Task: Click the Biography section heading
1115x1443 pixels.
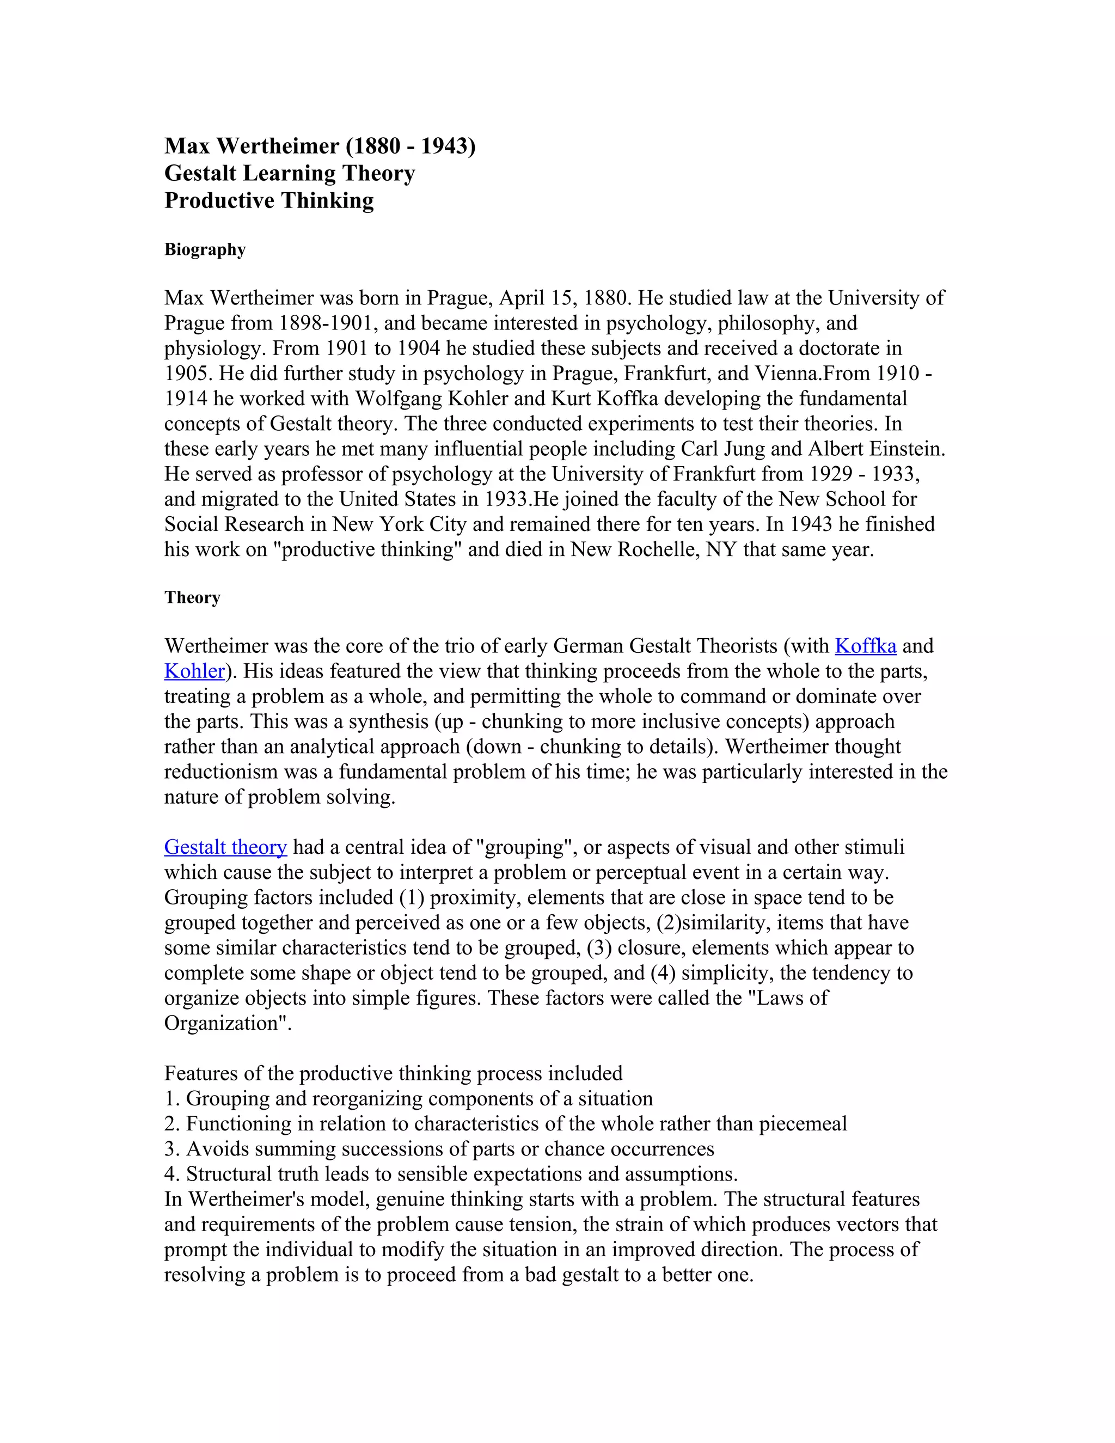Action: (205, 250)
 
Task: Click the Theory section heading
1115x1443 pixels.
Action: (192, 597)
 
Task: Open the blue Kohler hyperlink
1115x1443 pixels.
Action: (194, 671)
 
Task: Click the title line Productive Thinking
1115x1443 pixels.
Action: (269, 200)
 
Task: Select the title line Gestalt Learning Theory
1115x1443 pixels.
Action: (289, 173)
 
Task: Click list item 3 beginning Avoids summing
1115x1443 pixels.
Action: (439, 1148)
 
